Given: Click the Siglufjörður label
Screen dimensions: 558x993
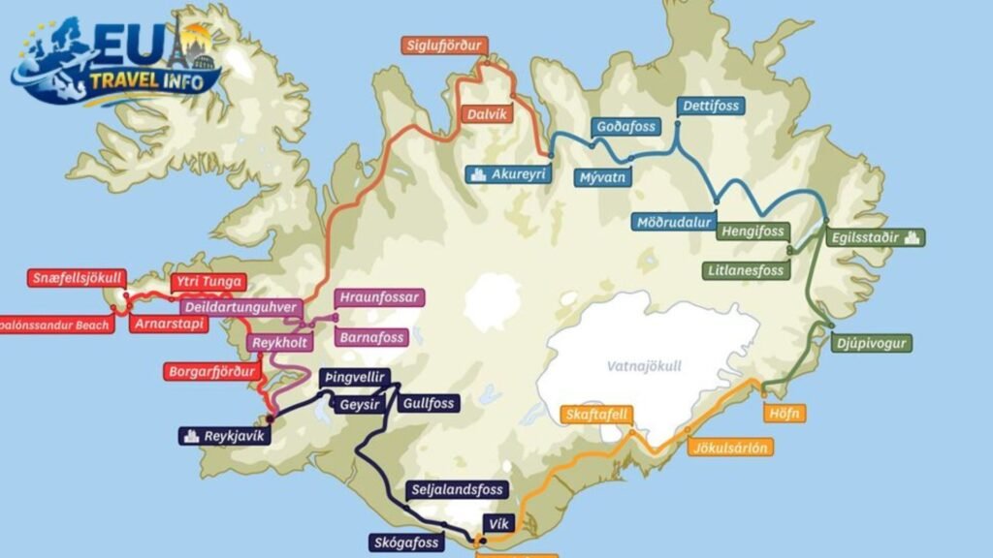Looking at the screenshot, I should point(444,46).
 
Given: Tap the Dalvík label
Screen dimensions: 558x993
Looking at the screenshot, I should point(486,112).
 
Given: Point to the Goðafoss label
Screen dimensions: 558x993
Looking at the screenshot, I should point(625,127).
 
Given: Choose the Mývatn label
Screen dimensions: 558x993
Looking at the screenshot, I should point(604,177).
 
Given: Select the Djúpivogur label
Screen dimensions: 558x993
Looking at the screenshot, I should point(871,343).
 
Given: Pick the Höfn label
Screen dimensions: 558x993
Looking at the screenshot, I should point(785,414).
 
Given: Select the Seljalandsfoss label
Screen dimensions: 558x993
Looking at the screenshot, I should point(457,490).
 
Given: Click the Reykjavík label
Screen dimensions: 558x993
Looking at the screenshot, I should point(222,436).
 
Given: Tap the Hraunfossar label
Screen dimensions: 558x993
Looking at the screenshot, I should point(378,297).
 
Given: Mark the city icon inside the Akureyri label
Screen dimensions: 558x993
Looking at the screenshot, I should point(476,174).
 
